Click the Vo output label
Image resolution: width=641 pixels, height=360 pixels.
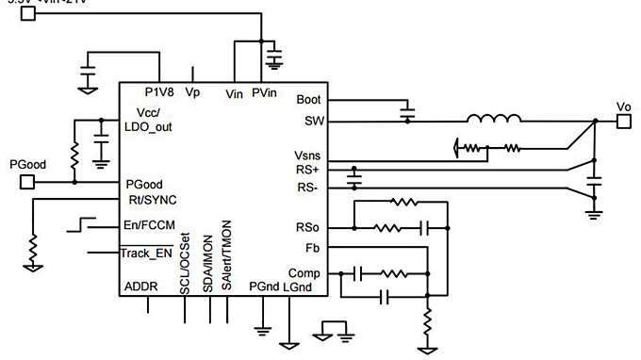[623, 106]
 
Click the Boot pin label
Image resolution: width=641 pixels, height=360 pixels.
[308, 99]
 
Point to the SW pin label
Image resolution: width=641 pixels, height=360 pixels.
[312, 121]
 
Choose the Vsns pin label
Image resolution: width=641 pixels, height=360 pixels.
[308, 155]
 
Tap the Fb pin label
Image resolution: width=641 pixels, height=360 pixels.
[314, 248]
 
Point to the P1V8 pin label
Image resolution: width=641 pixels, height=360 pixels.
[159, 92]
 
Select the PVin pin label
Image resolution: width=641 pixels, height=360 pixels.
[265, 92]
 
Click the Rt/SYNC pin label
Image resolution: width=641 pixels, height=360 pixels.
[151, 200]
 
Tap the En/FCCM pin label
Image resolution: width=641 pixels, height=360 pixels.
[152, 225]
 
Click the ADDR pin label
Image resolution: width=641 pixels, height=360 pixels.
[141, 286]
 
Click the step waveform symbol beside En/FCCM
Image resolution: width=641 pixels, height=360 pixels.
[80, 224]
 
